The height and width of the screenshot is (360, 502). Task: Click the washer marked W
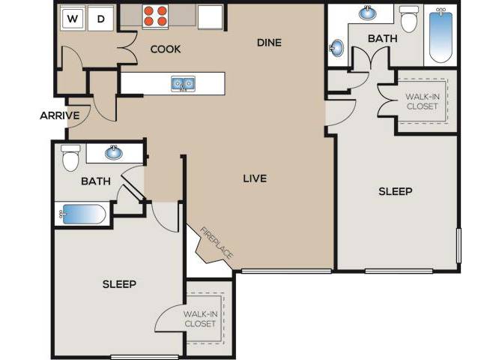coord(73,18)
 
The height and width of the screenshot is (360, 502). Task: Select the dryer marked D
coord(100,18)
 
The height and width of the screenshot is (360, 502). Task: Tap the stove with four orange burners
coord(155,16)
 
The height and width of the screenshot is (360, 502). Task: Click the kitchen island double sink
coord(181,82)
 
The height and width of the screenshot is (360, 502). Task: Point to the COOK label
coord(166,50)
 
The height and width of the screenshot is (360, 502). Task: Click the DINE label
coord(268,43)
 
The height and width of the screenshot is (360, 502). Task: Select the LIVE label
coord(255,178)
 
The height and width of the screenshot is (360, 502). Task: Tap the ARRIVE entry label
coord(60,115)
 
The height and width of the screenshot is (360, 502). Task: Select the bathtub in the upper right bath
coord(441,34)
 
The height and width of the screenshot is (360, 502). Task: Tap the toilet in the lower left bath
coord(71,159)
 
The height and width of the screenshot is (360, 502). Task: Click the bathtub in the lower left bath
coord(82,215)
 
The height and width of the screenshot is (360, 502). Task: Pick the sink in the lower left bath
coord(114,154)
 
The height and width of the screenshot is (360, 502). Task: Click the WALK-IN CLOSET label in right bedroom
coord(422,101)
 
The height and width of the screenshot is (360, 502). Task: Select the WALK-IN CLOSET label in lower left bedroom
coord(200,319)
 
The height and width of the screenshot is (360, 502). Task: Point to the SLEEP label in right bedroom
coord(395,191)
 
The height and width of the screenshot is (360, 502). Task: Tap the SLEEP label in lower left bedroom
coord(118,284)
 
